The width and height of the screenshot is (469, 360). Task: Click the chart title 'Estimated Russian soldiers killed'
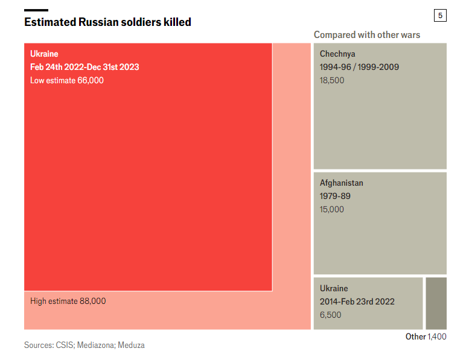[x=107, y=22]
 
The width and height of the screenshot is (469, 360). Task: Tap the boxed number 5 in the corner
[x=439, y=16]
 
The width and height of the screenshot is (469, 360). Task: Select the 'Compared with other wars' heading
[x=366, y=35]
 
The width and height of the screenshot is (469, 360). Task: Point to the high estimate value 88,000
[x=92, y=301]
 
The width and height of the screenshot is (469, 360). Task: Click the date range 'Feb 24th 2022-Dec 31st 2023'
[x=85, y=67]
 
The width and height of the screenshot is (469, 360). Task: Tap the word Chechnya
[x=337, y=54]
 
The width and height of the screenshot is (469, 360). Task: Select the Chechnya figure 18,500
[x=332, y=80]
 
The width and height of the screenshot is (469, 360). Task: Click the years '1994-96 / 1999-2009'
[x=359, y=67]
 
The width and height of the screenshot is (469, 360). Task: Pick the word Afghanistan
[x=342, y=183]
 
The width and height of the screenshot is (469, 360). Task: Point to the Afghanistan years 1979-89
[x=335, y=196]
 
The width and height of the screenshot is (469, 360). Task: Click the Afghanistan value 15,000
[x=332, y=209]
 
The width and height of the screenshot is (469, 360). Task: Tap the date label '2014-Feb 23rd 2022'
[x=357, y=302]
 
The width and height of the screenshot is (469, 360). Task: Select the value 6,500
[x=330, y=315]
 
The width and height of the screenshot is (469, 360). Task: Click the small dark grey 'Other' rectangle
[x=436, y=303]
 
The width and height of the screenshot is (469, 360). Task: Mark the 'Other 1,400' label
[x=426, y=336]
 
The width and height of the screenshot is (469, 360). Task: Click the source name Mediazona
[x=95, y=346]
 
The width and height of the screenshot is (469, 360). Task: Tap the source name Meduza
[x=131, y=346]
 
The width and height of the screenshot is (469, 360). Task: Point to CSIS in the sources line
[x=65, y=346]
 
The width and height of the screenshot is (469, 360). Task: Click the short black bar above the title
[x=36, y=10]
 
